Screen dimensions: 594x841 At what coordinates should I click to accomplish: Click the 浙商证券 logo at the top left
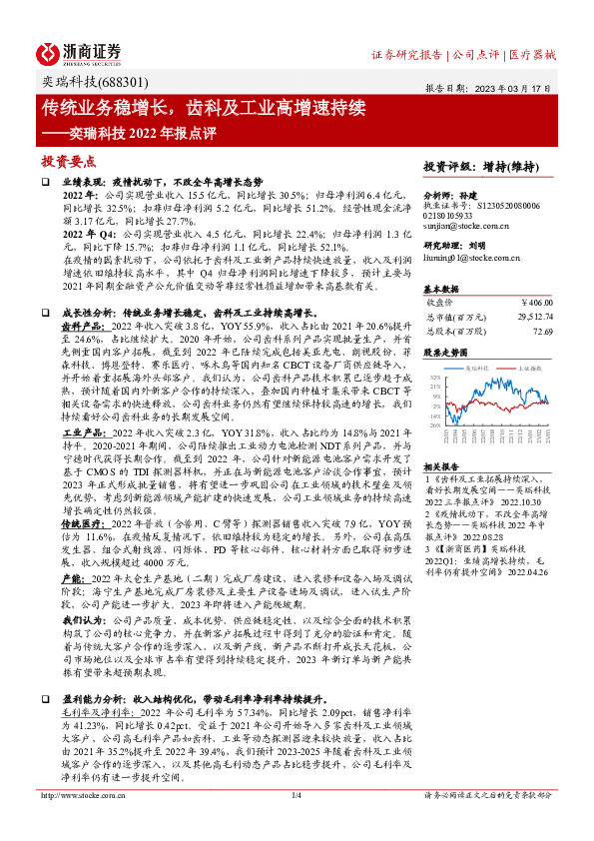80,53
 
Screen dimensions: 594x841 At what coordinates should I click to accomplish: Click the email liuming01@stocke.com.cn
465,257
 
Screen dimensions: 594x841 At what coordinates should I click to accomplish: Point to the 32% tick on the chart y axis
437,377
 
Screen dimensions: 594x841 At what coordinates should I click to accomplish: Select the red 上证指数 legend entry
528,369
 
